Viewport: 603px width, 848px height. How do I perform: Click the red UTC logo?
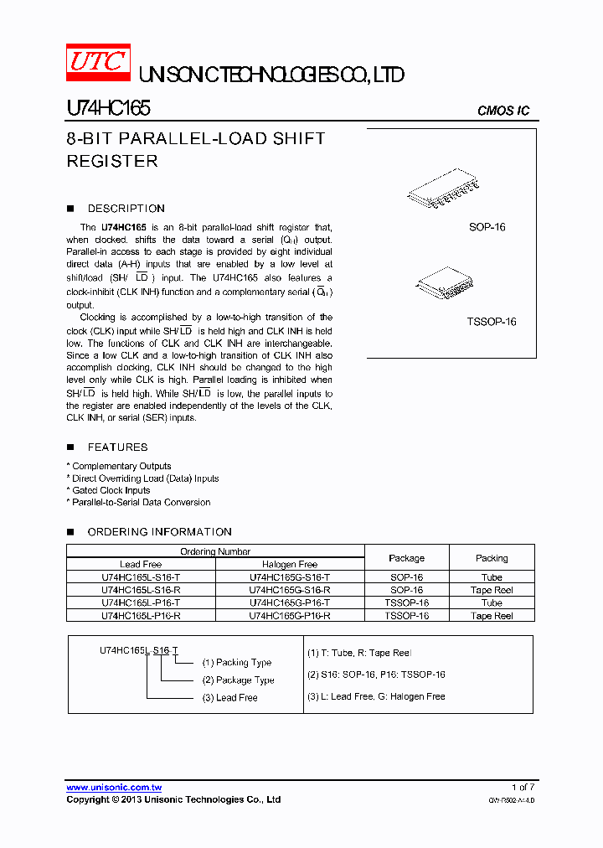pos(98,62)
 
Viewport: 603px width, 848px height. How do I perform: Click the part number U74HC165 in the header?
pos(108,109)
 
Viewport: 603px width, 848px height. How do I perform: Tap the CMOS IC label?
pos(502,111)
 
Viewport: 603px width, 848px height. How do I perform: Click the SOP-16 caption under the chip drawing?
pos(487,227)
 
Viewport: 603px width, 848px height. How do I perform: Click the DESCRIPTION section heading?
pos(126,209)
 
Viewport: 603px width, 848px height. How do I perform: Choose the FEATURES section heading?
pos(117,447)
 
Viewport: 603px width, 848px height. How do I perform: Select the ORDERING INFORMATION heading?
pos(159,532)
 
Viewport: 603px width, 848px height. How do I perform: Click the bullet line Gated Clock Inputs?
pos(111,490)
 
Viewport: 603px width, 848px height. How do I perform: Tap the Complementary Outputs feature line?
pos(121,466)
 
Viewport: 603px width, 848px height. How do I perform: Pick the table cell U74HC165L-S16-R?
pos(141,590)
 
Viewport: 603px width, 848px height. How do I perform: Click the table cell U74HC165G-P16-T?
pos(290,602)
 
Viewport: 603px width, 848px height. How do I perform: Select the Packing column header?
pos(492,558)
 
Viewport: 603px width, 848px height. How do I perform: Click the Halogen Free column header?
pos(290,565)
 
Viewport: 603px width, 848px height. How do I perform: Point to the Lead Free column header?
pos(141,565)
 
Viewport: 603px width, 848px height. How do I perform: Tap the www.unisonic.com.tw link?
pos(114,788)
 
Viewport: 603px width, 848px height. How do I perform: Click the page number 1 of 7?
pos(523,787)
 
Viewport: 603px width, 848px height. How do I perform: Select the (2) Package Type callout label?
pos(238,680)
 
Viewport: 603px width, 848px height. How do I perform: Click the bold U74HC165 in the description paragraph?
pos(123,227)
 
